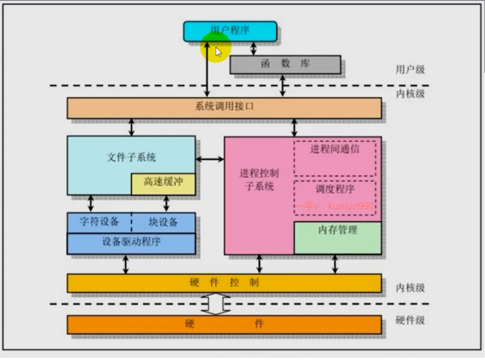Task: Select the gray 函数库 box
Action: [285, 64]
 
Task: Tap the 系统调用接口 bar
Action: [224, 108]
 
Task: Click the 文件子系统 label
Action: [131, 157]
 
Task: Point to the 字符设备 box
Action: [99, 222]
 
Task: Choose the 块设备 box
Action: [163, 222]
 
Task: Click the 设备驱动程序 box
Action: [131, 243]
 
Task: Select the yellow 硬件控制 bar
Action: [224, 283]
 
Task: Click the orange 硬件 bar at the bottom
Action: [224, 324]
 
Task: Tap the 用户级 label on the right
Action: [410, 70]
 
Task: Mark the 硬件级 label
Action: [410, 320]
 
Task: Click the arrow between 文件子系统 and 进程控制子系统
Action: [210, 159]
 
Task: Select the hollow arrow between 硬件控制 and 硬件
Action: [216, 304]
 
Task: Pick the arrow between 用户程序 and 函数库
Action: [254, 48]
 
